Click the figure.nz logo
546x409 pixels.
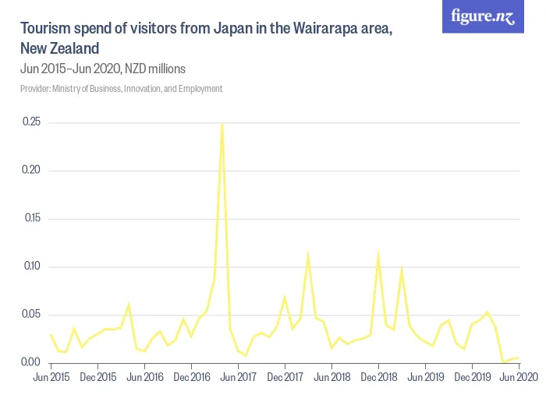(484, 16)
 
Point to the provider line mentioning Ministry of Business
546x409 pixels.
(121, 89)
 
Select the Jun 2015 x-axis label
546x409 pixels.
(51, 378)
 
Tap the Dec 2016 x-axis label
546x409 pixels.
(191, 378)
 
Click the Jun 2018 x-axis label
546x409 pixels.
(332, 378)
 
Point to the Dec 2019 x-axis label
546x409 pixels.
(473, 378)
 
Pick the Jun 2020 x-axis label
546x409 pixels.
(519, 378)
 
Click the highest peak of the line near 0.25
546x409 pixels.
(222, 124)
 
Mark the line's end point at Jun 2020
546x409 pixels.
(519, 358)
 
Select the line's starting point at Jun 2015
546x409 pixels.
(51, 335)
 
